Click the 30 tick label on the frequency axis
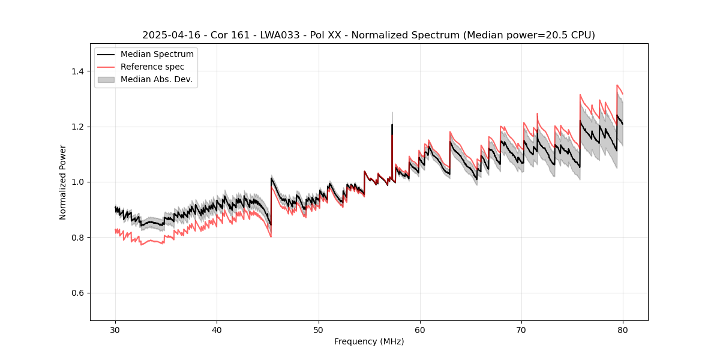[x=115, y=329]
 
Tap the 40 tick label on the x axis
[x=217, y=329]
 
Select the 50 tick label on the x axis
[x=318, y=329]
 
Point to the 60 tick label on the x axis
[x=420, y=329]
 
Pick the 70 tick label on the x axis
[x=521, y=329]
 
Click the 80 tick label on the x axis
[x=623, y=329]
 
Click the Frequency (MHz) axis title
[x=369, y=341]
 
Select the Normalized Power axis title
[x=63, y=182]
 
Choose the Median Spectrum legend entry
[x=157, y=55]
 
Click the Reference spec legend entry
[x=152, y=67]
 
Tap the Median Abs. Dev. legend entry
[x=156, y=79]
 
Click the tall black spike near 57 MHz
[x=392, y=129]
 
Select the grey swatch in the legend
[x=107, y=79]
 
